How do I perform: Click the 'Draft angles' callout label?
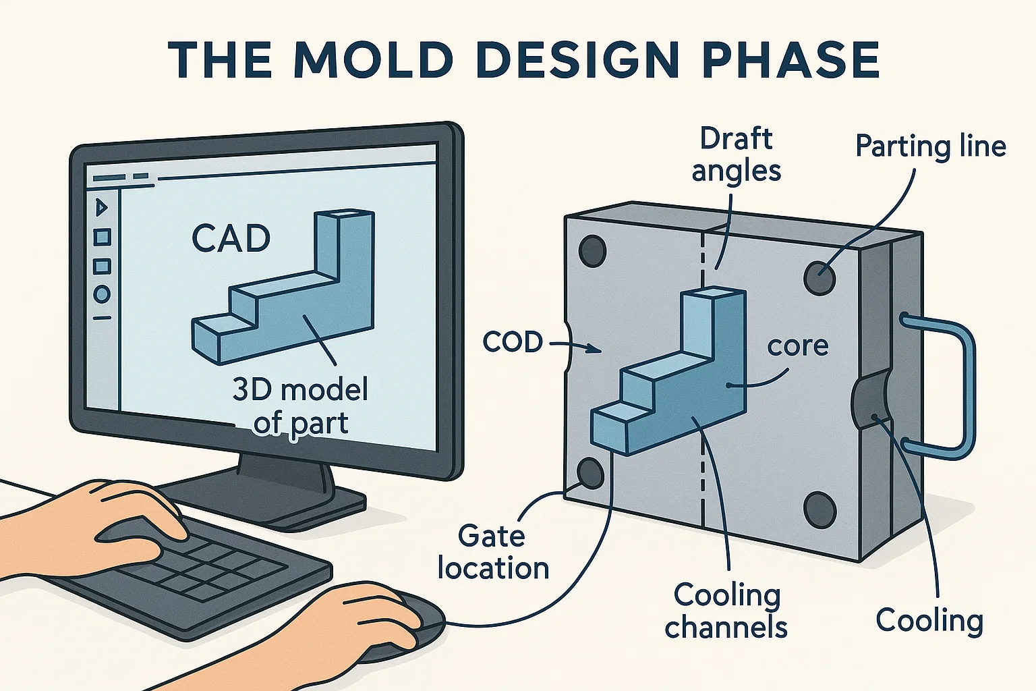pos(736,155)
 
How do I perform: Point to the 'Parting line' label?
pos(931,146)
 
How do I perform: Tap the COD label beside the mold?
pos(513,342)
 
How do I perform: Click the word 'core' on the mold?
pos(798,345)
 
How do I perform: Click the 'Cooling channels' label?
pos(726,611)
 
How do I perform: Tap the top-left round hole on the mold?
pos(592,251)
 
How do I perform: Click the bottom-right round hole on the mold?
pos(820,509)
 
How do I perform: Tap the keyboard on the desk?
pos(202,574)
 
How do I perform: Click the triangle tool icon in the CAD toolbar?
pos(102,207)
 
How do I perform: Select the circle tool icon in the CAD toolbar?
pos(102,294)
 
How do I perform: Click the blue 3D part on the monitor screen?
pos(290,297)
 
